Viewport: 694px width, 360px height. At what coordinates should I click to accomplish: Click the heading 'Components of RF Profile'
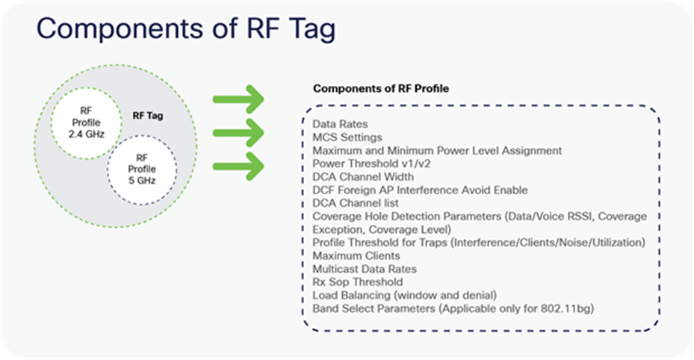380,88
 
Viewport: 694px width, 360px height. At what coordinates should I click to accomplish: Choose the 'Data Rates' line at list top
340,124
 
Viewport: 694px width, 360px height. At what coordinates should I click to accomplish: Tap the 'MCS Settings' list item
347,137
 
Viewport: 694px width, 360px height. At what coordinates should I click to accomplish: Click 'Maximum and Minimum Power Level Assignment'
437,150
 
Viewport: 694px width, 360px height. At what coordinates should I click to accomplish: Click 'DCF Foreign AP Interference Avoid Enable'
420,190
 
